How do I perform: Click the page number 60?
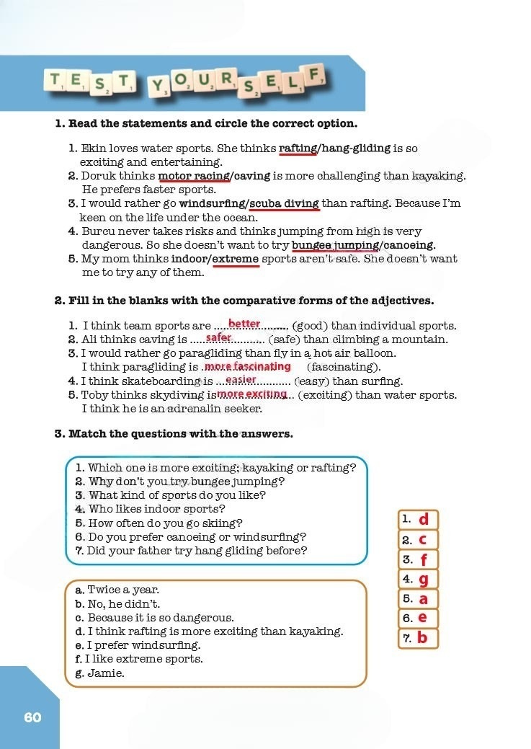[x=32, y=717]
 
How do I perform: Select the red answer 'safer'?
[x=219, y=337]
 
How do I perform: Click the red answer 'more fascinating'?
[x=248, y=366]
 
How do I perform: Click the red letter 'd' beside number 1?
[x=424, y=519]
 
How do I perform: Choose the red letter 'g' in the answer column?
[x=424, y=579]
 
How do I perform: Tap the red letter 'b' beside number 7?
[x=422, y=638]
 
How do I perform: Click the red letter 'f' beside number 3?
[x=424, y=559]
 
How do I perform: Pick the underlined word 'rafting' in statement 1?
[x=298, y=149]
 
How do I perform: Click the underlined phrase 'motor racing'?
[x=195, y=176]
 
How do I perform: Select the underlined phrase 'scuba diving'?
[x=285, y=203]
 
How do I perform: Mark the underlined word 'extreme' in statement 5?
[x=236, y=259]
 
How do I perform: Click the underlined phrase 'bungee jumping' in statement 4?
[x=335, y=245]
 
